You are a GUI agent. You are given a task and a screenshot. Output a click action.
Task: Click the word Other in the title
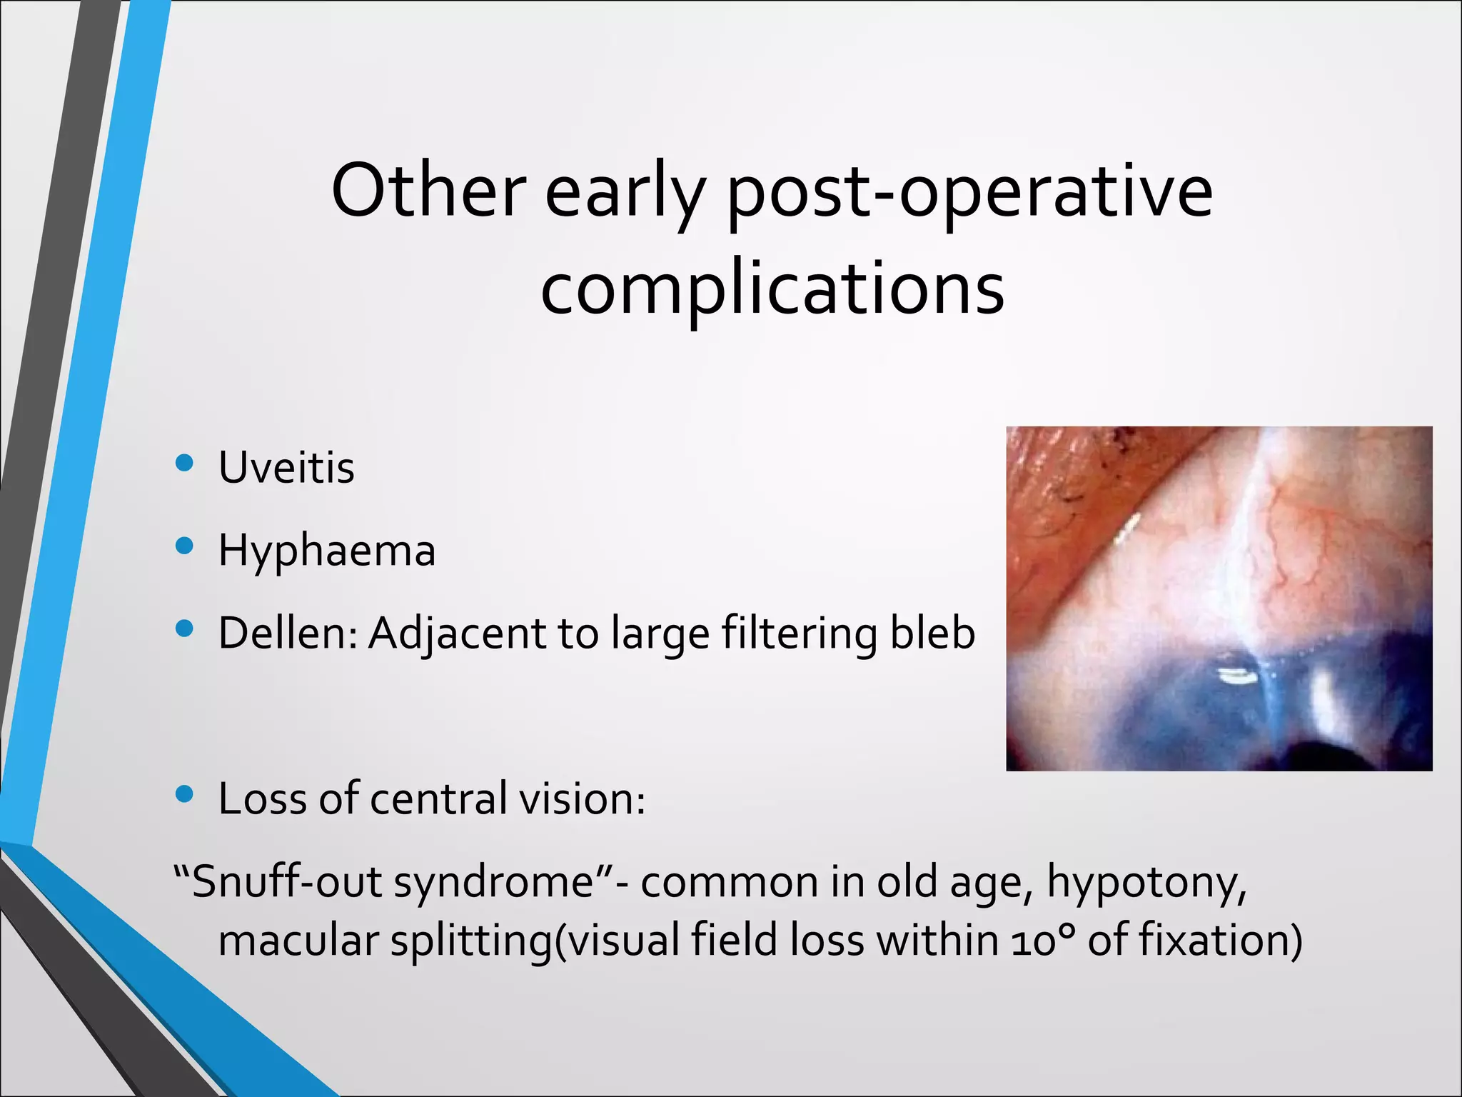click(x=428, y=191)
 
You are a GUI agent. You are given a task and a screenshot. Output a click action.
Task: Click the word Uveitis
click(x=286, y=468)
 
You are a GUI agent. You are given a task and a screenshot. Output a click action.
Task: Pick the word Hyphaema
click(x=327, y=551)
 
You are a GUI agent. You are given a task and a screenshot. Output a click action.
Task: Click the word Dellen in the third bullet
click(x=286, y=633)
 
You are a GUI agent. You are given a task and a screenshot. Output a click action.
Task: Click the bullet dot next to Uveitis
click(x=184, y=464)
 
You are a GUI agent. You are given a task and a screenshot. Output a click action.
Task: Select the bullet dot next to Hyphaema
click(x=184, y=547)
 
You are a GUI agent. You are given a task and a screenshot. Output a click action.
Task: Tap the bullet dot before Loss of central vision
click(x=184, y=794)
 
